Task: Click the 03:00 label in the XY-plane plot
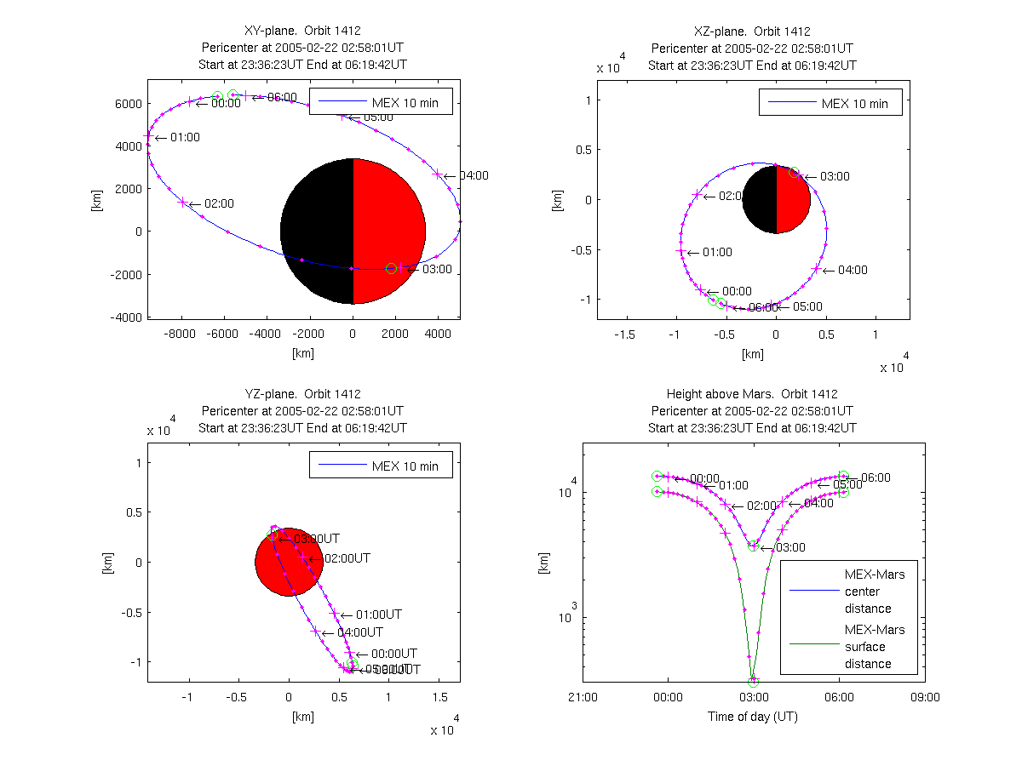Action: (437, 269)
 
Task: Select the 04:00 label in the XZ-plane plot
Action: (853, 270)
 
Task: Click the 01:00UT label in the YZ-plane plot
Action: (378, 614)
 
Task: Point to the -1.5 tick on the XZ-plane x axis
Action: (625, 334)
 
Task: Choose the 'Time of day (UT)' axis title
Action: (753, 717)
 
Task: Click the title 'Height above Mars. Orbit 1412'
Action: (753, 394)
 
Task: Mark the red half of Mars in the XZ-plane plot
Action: (792, 200)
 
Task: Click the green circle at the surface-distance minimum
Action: (753, 681)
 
